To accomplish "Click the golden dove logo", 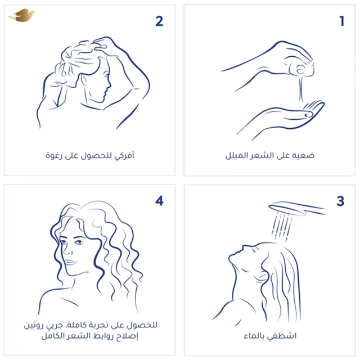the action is [22, 15].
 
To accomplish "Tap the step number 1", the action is [342, 21].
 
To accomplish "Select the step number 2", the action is [159, 21].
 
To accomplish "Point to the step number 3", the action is [340, 201].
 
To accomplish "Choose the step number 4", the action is [159, 201].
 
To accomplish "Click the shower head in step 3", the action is [296, 208].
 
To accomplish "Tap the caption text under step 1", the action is [270, 155].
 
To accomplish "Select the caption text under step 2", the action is [90, 155].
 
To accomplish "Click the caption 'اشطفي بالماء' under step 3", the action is [270, 336].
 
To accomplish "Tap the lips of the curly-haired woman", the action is [70, 262].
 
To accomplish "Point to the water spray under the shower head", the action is [282, 226].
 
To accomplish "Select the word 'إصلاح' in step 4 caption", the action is [129, 336].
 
